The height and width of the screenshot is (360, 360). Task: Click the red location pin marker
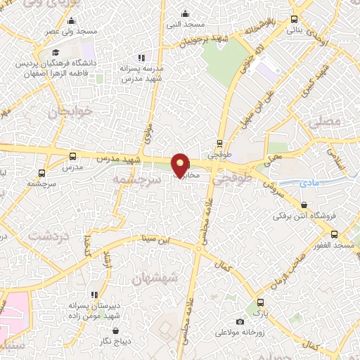(181, 165)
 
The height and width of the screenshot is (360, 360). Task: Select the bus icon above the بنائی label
(294, 20)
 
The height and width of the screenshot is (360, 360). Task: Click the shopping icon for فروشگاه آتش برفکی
(304, 205)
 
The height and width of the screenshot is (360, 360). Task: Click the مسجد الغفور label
(335, 245)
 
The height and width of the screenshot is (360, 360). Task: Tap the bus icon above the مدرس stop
(73, 156)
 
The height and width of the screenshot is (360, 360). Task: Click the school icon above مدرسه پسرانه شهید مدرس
(141, 58)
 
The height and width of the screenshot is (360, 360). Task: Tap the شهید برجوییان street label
(200, 39)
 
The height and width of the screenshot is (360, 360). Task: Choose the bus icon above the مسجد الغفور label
(335, 234)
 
